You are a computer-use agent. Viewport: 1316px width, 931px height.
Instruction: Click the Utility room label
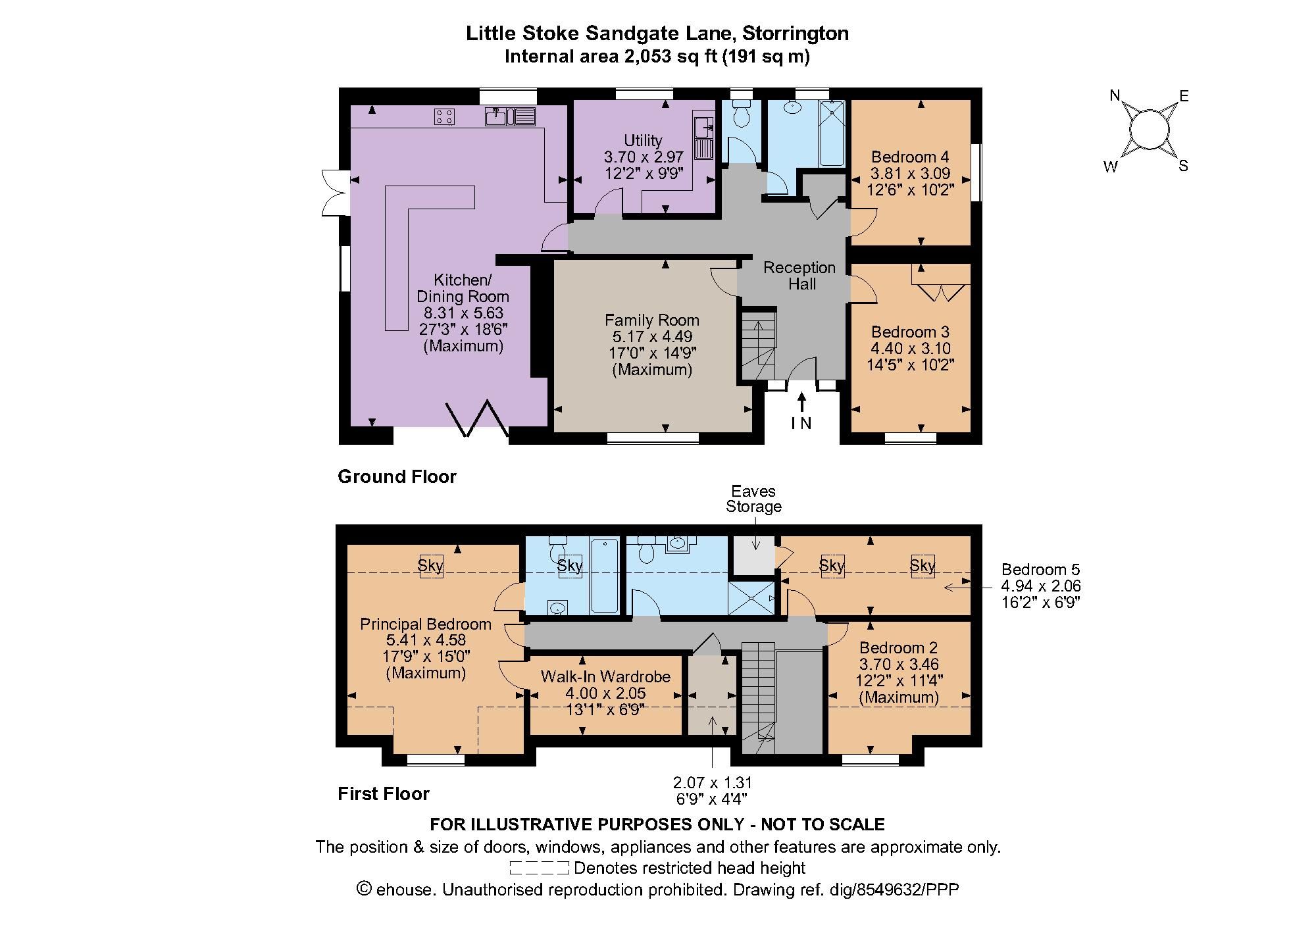[643, 140]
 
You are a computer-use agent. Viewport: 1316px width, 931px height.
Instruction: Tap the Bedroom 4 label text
[910, 157]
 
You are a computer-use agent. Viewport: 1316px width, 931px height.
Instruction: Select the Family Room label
[651, 320]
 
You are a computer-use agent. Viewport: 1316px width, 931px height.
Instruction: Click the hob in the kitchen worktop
[444, 117]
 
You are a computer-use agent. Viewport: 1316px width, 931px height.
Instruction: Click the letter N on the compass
[1115, 96]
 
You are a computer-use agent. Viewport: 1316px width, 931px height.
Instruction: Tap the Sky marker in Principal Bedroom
[431, 565]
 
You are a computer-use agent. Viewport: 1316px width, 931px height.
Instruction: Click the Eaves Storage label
[753, 499]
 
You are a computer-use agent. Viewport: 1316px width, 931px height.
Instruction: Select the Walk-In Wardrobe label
[605, 676]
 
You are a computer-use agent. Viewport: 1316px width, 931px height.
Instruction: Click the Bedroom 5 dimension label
[1040, 586]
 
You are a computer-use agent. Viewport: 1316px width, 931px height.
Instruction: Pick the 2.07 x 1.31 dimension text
[712, 790]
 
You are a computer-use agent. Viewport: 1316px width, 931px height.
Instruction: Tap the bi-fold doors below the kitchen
[478, 419]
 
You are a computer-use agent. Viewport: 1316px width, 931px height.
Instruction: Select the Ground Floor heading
[397, 476]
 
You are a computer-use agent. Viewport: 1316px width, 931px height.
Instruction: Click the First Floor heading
[384, 793]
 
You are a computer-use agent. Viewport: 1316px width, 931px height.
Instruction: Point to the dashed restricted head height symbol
[539, 868]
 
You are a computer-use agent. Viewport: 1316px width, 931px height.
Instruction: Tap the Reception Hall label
[799, 276]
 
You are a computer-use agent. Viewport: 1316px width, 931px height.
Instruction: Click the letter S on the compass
[1183, 166]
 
